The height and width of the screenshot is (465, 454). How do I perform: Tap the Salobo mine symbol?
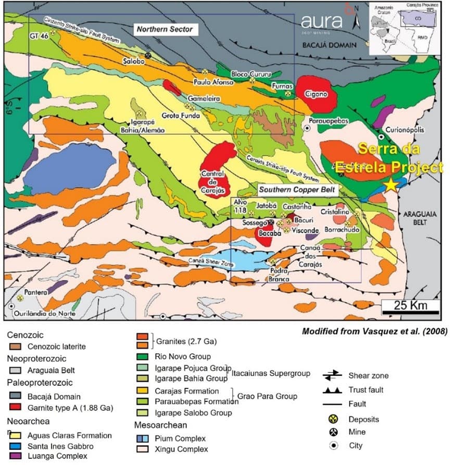(x=148, y=55)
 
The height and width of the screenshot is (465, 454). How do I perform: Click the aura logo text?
(x=321, y=21)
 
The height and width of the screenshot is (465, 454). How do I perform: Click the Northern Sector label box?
(x=164, y=29)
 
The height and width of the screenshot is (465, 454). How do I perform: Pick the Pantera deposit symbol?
(x=20, y=298)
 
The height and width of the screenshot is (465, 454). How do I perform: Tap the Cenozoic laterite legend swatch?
(x=15, y=346)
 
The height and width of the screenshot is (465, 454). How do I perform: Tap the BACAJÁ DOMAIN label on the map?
(x=329, y=45)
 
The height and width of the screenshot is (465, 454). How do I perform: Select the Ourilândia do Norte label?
(x=40, y=313)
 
